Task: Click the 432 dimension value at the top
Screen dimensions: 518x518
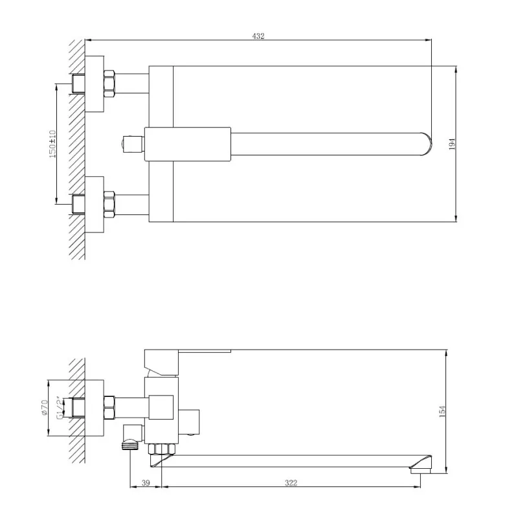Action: (258, 36)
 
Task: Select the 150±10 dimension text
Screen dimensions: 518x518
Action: (52, 143)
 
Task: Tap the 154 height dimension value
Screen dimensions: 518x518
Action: (441, 411)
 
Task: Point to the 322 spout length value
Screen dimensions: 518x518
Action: (291, 482)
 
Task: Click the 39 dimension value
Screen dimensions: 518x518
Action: (146, 482)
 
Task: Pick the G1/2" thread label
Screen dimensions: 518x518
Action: (59, 407)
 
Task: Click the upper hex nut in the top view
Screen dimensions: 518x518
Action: (109, 84)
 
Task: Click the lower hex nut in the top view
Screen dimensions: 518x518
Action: (109, 203)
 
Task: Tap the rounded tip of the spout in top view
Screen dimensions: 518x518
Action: (429, 143)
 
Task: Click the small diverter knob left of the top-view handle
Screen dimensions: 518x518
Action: (132, 142)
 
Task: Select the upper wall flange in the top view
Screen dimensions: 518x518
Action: (95, 84)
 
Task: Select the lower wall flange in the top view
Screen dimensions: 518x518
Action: (95, 203)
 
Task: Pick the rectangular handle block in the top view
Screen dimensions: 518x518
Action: (188, 142)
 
